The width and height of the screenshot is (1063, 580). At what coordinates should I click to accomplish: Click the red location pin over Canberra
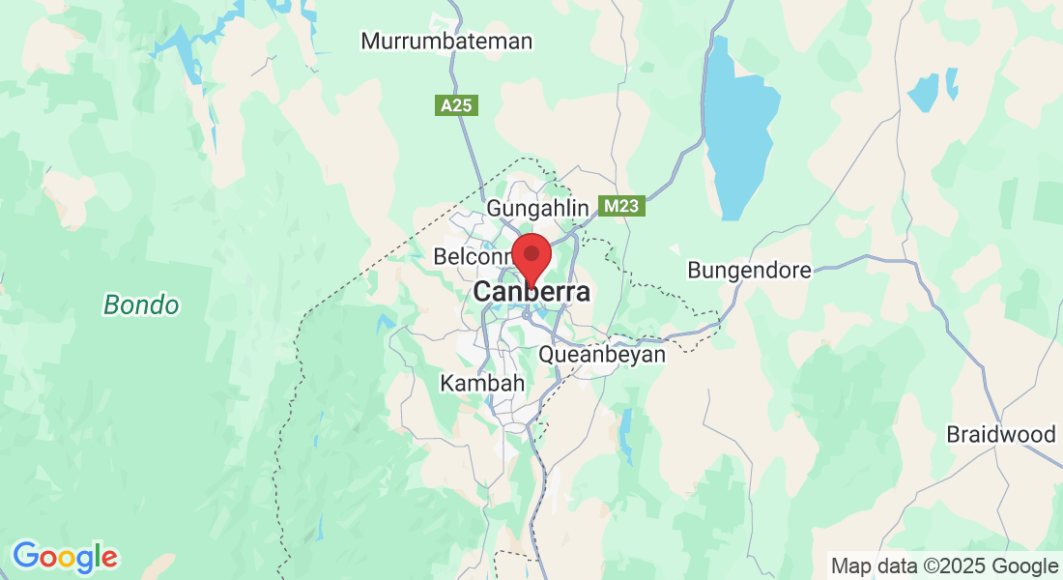[531, 258]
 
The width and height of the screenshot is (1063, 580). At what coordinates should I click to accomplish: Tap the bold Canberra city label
[531, 292]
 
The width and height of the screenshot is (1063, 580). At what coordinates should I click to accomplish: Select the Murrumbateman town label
[446, 42]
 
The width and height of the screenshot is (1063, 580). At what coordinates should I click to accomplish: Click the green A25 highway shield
[456, 105]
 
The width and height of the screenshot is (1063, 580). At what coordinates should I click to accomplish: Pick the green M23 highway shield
[620, 206]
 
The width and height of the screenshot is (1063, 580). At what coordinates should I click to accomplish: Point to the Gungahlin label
[537, 208]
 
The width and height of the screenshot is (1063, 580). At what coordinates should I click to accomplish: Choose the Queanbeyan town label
[602, 354]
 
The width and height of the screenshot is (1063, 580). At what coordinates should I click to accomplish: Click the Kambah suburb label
[482, 383]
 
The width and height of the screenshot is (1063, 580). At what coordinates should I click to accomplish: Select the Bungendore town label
[749, 270]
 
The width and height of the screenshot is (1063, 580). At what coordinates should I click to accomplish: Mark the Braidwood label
[1001, 434]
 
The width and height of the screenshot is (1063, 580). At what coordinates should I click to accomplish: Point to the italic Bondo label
[141, 305]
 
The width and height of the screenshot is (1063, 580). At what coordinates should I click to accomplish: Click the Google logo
[65, 557]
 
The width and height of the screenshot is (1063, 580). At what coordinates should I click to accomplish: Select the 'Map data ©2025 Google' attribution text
[944, 565]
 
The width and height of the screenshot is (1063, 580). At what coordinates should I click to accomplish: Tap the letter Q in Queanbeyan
[547, 354]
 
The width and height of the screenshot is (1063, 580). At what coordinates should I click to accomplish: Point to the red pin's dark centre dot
[531, 252]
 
